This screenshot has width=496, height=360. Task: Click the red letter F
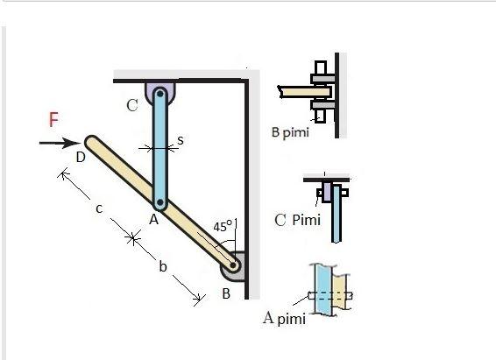point(53,120)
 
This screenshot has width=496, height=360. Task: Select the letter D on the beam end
point(80,157)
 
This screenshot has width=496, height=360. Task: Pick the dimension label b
point(162,267)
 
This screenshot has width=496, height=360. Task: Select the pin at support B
point(233,262)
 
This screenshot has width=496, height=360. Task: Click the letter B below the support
point(225,293)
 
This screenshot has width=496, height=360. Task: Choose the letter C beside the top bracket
point(132,106)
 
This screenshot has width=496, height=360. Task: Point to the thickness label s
point(180,139)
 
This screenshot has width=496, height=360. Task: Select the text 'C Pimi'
point(298,219)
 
